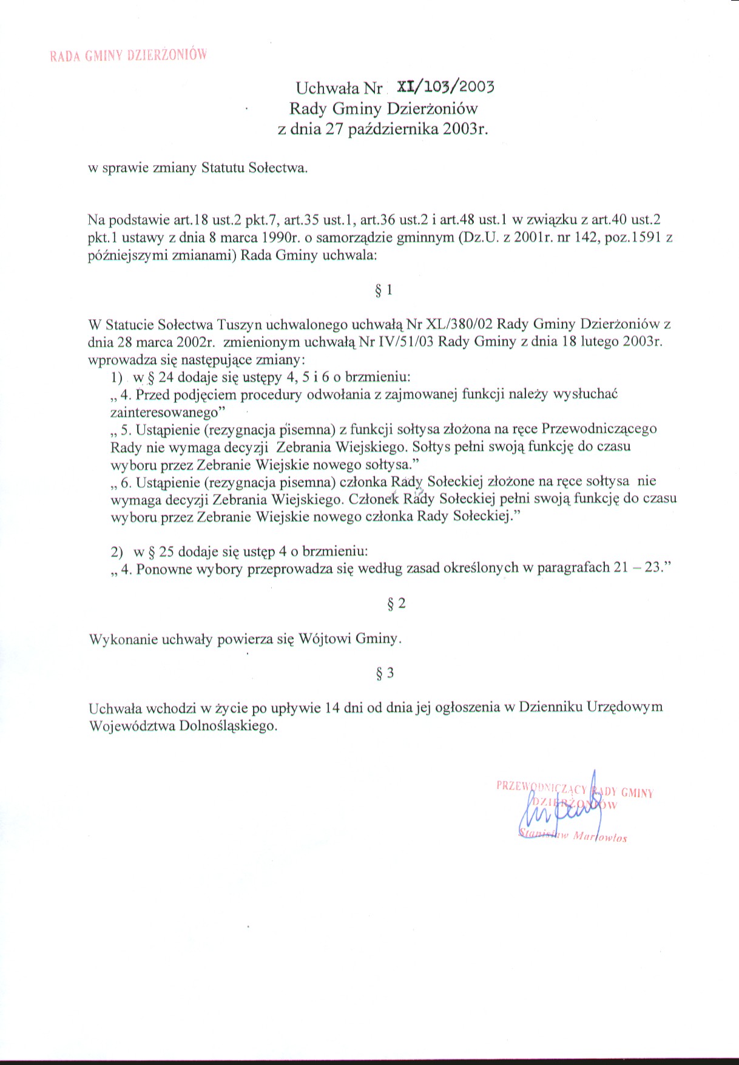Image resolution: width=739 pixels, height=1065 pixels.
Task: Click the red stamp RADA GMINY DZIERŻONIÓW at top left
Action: pos(128,55)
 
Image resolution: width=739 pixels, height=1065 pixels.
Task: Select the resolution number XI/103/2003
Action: pos(445,87)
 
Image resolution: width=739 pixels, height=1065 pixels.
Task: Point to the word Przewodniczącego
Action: pos(599,429)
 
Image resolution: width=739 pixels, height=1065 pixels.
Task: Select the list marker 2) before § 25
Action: pos(117,552)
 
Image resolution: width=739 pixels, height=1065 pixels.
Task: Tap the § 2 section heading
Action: pos(396,603)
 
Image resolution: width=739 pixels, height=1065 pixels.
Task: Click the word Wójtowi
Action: pos(324,638)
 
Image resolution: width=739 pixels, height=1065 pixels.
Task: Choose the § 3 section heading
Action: pos(385,673)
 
